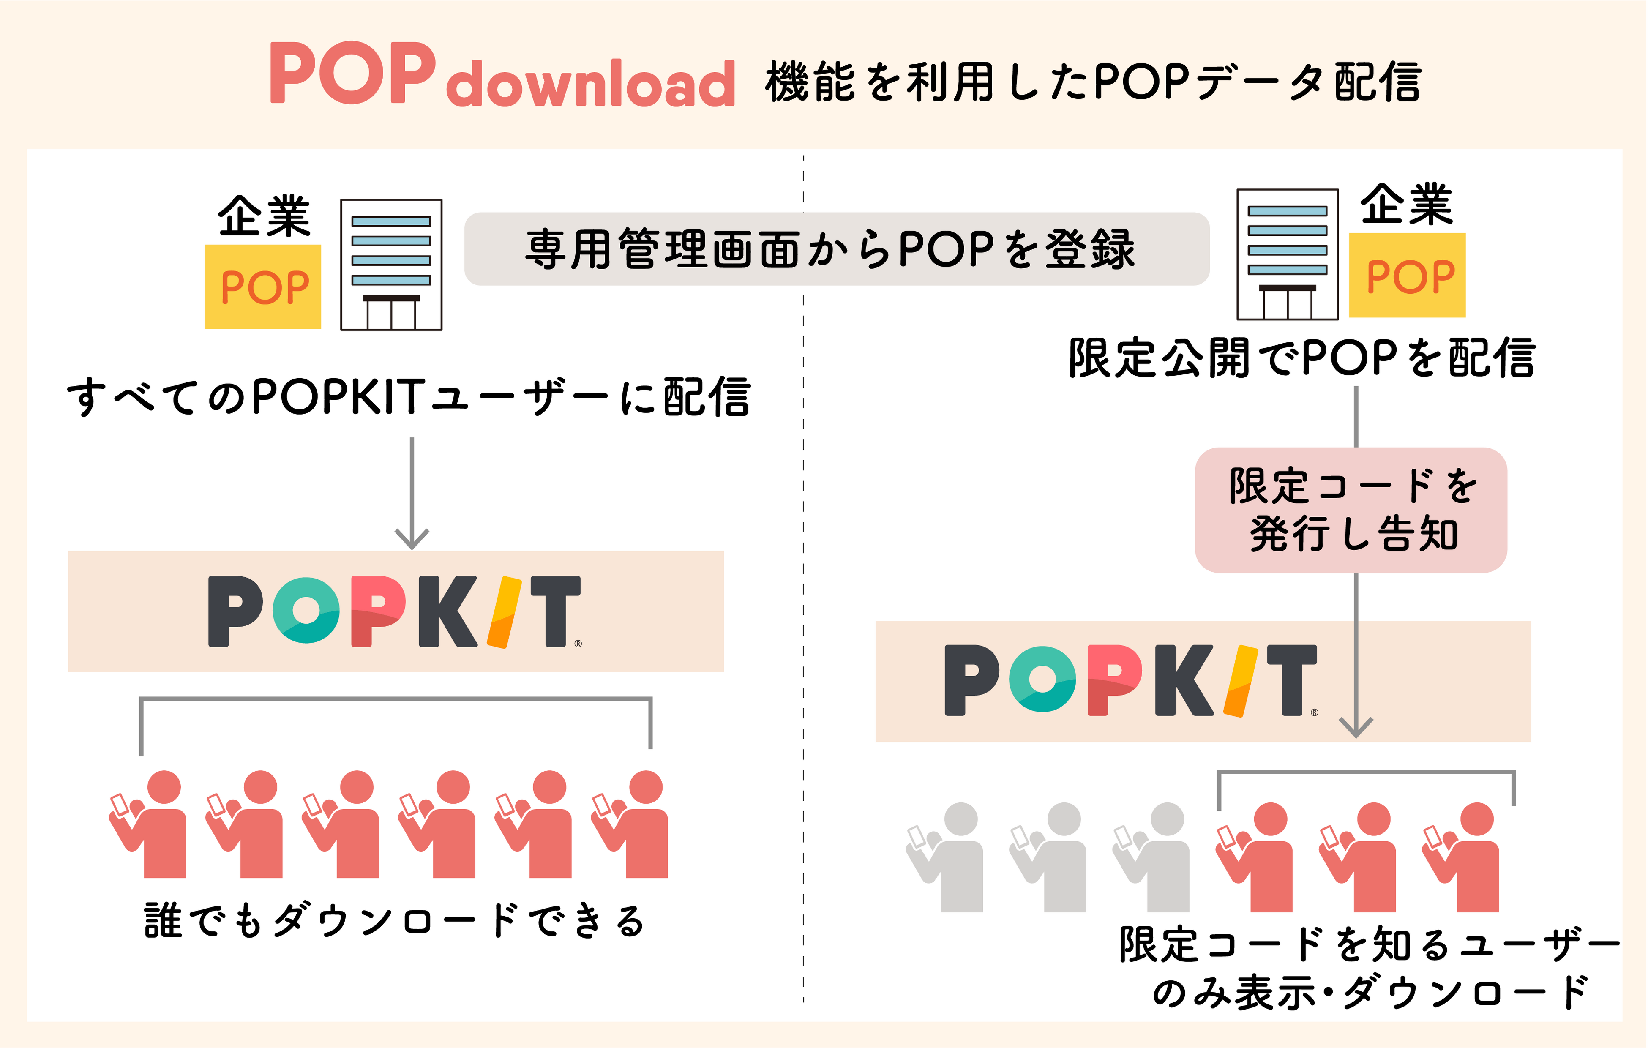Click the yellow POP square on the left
tap(263, 287)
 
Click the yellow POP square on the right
tap(1407, 275)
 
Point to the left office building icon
tap(391, 265)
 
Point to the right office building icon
tap(1287, 254)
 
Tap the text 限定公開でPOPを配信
tap(1301, 358)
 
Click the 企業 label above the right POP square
tap(1406, 205)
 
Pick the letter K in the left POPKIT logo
tap(446, 611)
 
